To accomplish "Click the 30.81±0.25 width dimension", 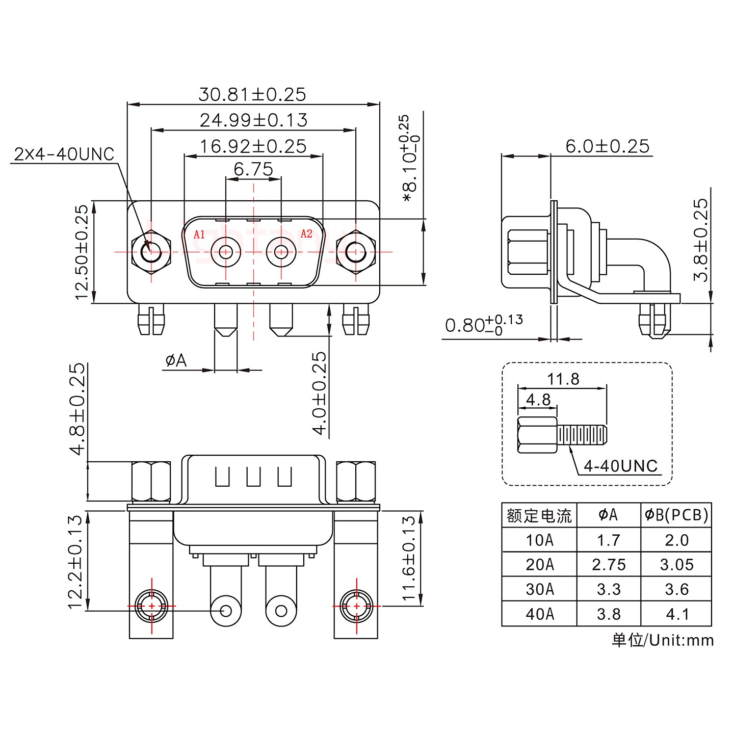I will [252, 95].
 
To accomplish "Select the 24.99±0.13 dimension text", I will [253, 121].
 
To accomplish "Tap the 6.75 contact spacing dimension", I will [253, 169].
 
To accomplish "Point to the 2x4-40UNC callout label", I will [64, 154].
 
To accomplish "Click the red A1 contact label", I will [199, 234].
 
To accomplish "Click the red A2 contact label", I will [306, 234].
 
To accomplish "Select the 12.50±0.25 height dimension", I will [82, 252].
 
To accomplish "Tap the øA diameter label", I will [176, 361].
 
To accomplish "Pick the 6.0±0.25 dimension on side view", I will [607, 147].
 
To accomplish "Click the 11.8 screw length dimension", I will [563, 379].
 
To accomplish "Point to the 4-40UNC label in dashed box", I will [620, 466].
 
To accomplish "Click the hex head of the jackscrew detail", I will [537, 435].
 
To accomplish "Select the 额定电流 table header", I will [539, 516].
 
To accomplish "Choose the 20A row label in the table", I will [539, 565].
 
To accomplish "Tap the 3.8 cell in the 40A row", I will [609, 614].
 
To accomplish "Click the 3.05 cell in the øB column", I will [676, 565].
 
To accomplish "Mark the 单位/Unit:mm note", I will [663, 640].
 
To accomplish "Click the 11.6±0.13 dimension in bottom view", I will [409, 558].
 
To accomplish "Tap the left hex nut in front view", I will [151, 252].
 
